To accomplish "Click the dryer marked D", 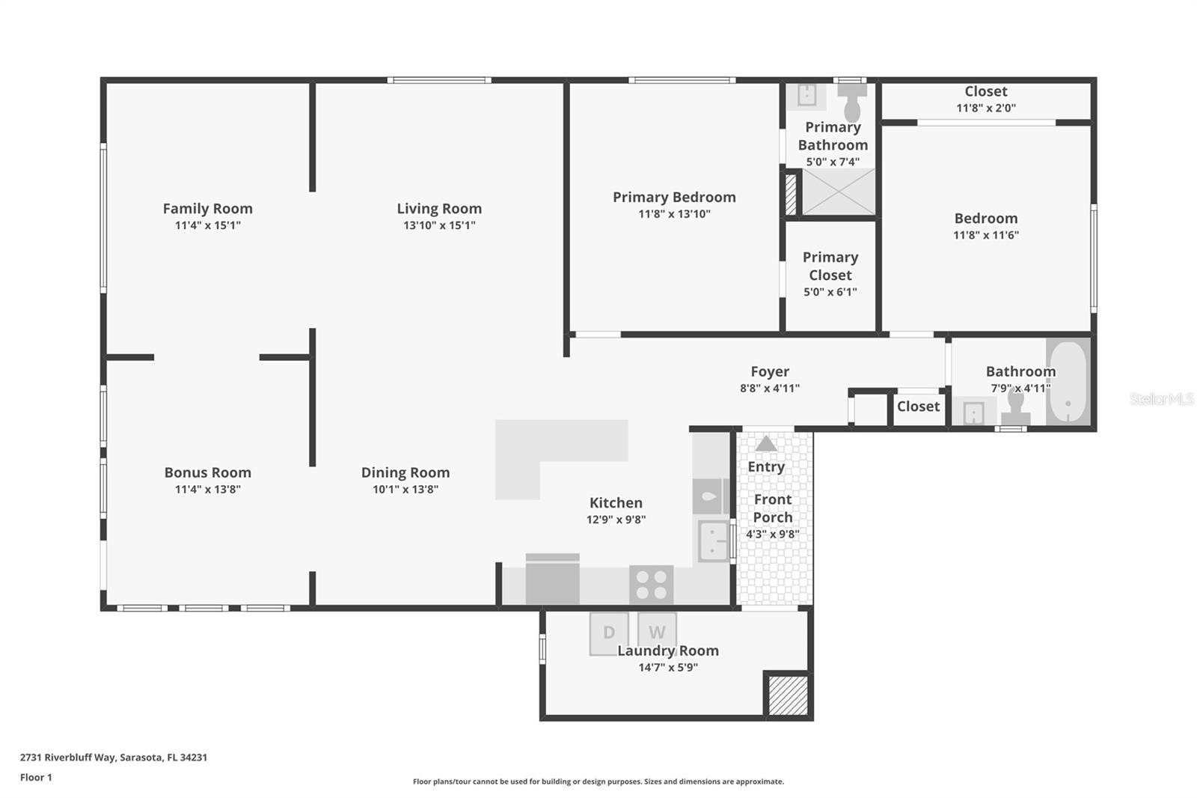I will point(608,633).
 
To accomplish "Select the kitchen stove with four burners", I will point(651,584).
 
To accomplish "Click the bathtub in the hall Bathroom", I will point(1068,382).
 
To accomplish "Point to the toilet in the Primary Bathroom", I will point(852,101).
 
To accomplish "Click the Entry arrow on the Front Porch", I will point(765,444).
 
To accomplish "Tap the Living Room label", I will point(439,209).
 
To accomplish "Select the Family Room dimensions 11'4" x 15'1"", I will point(207,225).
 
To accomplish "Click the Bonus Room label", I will point(207,472).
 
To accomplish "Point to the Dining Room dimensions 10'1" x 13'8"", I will point(405,490).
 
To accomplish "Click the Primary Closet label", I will point(830,266).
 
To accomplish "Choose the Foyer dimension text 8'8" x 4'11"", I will point(769,389).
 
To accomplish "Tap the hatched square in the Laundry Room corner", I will point(788,695).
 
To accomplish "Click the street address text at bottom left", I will point(113,757).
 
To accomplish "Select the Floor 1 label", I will point(36,777).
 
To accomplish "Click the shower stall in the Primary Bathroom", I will point(838,192).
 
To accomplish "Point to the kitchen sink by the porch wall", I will point(713,540).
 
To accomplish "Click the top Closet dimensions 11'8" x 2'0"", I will point(985,108).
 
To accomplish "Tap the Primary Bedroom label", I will point(674,197).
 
